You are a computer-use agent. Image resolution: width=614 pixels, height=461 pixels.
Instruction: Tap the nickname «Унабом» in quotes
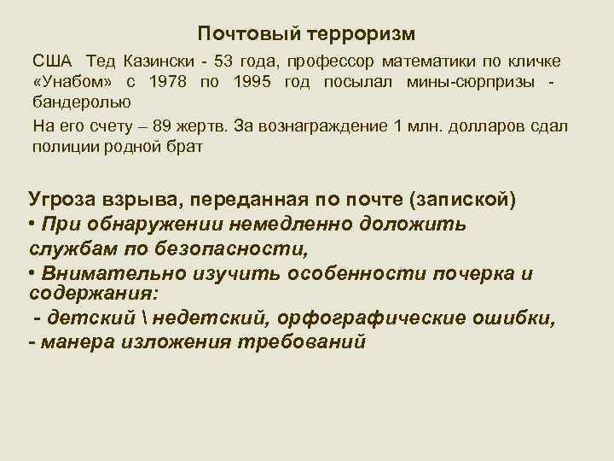coord(73,83)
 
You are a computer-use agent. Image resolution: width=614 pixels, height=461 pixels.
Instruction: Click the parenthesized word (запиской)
coord(462,200)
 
